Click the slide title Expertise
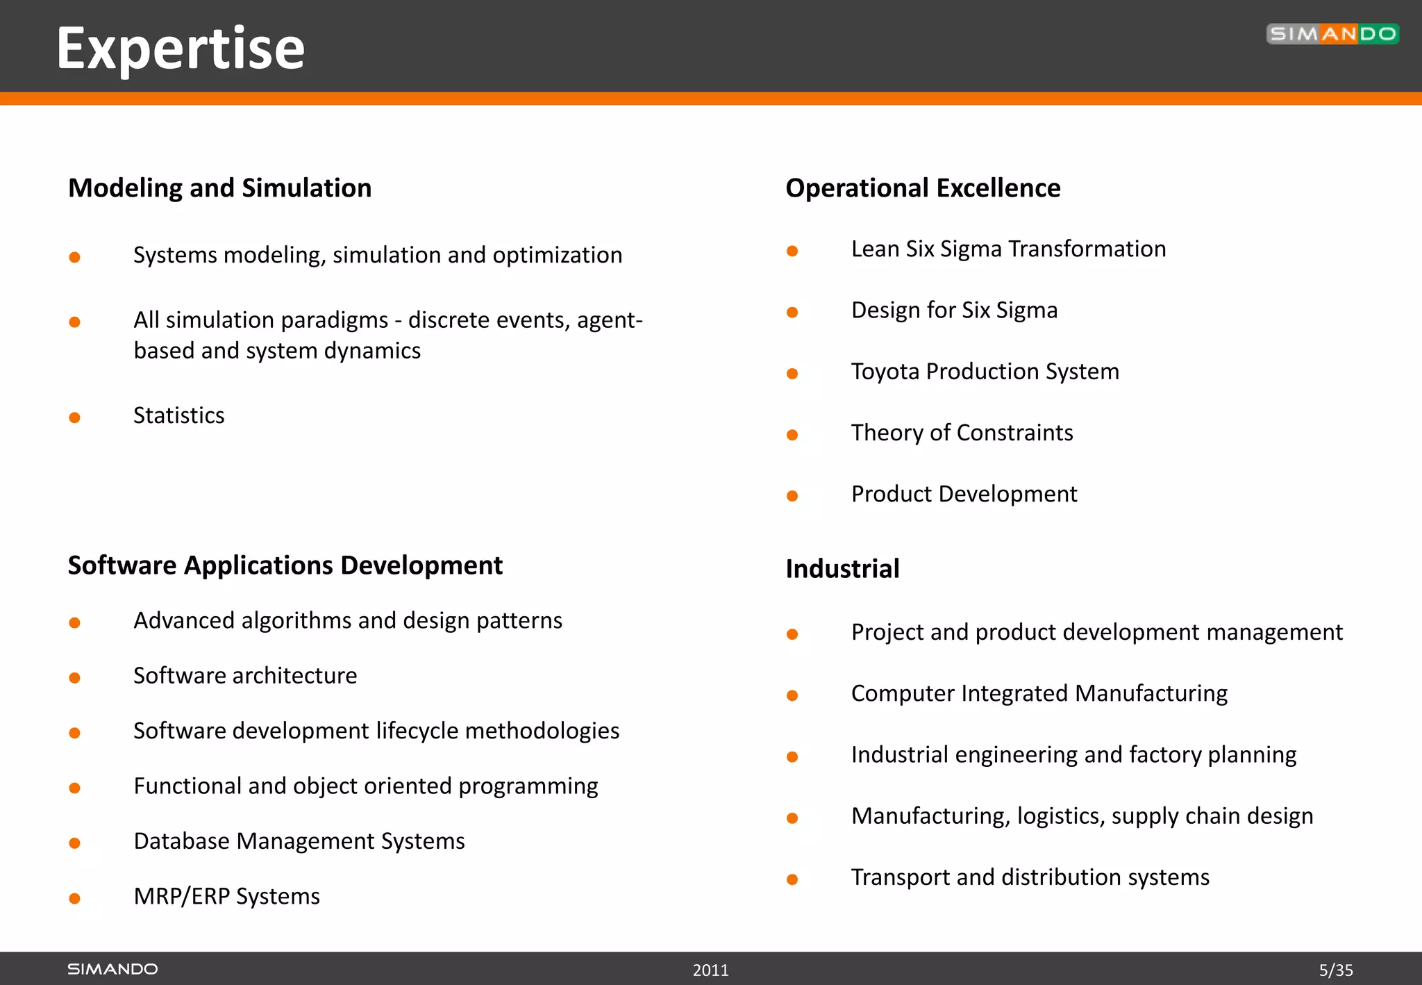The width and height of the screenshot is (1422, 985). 181,49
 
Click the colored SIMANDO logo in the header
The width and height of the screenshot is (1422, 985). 1332,34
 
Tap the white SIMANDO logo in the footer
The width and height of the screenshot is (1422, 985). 112,969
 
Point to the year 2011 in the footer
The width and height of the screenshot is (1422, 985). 710,970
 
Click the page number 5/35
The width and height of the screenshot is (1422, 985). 1336,970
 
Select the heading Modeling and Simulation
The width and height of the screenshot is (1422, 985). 219,188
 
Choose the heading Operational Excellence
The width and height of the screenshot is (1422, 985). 923,188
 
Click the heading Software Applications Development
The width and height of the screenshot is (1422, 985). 285,565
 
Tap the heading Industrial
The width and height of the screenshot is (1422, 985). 842,569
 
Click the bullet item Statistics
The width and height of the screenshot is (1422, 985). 178,415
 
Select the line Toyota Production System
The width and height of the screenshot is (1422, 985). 985,372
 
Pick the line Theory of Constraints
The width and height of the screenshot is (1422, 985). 962,433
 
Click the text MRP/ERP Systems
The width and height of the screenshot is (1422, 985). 226,896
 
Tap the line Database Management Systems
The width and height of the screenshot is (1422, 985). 299,841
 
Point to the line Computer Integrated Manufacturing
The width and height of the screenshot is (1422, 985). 1039,693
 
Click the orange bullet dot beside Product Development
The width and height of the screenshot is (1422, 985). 792,496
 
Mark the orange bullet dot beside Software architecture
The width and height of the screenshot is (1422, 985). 75,678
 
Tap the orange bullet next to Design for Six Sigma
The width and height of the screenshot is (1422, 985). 792,313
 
